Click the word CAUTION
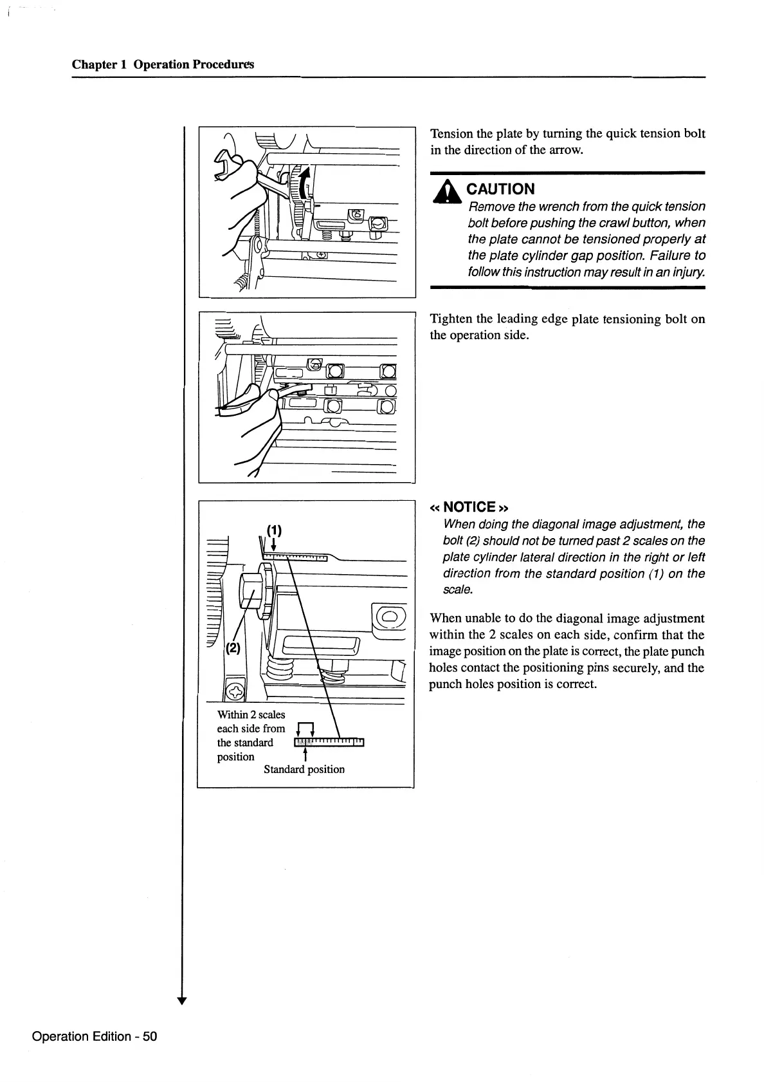point(500,189)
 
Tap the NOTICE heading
point(469,507)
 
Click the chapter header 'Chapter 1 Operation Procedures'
point(163,64)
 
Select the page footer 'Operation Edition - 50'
point(95,1036)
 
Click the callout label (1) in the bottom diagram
point(275,530)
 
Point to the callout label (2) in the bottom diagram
point(232,648)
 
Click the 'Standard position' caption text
point(304,769)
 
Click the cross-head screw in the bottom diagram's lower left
point(236,691)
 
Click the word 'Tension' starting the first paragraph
point(451,134)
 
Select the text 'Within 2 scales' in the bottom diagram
point(251,714)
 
